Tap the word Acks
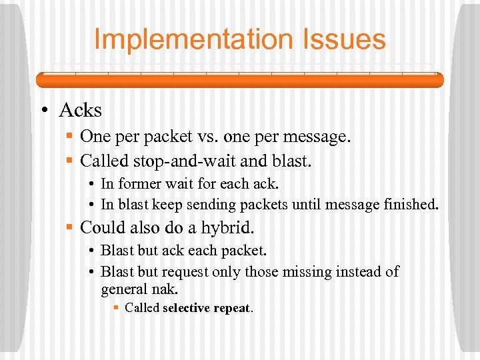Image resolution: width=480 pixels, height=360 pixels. point(80,109)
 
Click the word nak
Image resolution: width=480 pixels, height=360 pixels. point(165,289)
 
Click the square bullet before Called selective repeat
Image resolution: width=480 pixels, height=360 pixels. point(117,308)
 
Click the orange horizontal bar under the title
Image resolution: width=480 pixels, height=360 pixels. point(239,80)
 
